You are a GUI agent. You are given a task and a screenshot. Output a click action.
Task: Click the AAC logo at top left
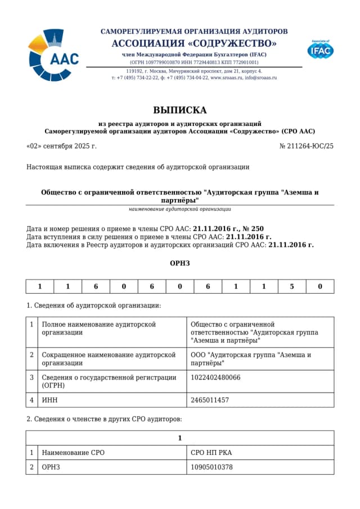(x=53, y=55)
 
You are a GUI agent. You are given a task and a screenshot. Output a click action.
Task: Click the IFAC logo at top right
(x=320, y=50)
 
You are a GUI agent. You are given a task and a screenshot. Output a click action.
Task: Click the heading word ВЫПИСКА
(x=179, y=110)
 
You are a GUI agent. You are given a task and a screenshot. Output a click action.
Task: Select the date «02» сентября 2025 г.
(x=61, y=146)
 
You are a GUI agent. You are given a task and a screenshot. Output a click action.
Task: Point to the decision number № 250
(x=253, y=228)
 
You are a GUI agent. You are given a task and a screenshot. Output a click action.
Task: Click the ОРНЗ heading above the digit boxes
(x=179, y=263)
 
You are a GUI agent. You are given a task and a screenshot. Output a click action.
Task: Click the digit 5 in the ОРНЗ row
(x=292, y=286)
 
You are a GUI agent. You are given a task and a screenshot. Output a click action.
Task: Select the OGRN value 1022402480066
(x=215, y=377)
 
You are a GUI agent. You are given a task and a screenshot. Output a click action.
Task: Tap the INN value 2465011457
(x=210, y=400)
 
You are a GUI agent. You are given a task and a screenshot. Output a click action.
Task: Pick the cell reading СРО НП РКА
(x=211, y=452)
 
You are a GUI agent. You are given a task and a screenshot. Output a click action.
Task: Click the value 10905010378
(x=211, y=467)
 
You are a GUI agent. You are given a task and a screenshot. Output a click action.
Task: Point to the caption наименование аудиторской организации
(x=179, y=209)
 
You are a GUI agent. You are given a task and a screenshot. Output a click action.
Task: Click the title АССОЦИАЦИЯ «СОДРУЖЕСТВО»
(x=194, y=43)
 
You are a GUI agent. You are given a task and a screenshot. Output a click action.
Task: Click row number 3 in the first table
(x=32, y=377)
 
